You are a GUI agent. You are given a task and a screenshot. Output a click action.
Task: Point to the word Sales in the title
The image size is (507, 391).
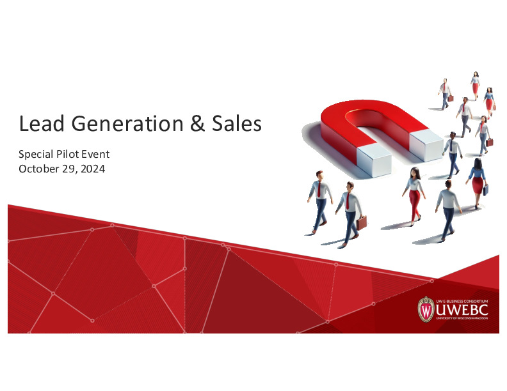click(x=235, y=123)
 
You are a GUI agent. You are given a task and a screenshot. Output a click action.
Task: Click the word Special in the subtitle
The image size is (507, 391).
click(x=38, y=155)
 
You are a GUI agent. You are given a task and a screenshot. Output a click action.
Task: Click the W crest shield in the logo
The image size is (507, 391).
click(x=426, y=309)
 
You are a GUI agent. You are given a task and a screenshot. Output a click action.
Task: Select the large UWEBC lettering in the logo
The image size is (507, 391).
click(x=462, y=310)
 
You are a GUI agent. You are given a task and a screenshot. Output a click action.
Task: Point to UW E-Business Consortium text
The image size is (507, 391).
click(x=462, y=300)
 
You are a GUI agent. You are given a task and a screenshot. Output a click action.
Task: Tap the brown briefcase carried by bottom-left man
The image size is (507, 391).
click(x=362, y=222)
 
